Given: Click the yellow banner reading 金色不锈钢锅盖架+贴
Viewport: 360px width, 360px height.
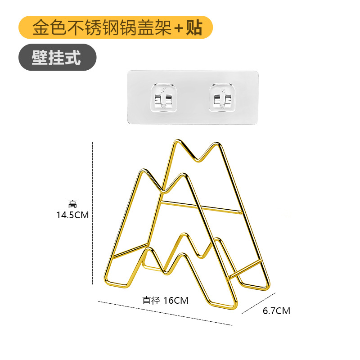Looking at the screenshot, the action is [115, 27].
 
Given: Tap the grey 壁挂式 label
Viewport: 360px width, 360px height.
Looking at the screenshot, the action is [57, 57].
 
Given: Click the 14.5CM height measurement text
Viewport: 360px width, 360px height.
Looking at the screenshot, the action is [72, 215].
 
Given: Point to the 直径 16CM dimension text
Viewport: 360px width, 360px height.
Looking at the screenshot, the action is [165, 301].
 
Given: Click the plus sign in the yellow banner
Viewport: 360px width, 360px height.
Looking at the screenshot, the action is [179, 28].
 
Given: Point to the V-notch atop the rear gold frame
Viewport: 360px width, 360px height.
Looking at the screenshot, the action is [197, 160].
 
